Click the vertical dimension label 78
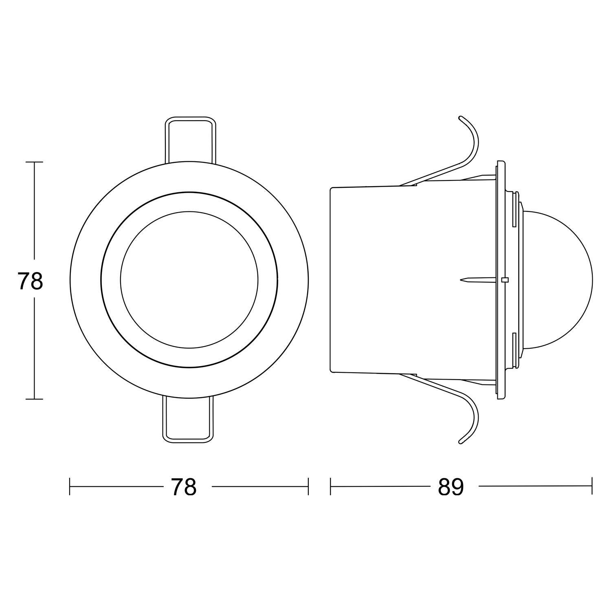point(31,281)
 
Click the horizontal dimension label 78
point(184,487)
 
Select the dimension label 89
point(451,487)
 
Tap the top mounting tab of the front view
point(190,141)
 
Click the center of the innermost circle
point(189,279)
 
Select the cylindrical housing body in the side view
point(413,280)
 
